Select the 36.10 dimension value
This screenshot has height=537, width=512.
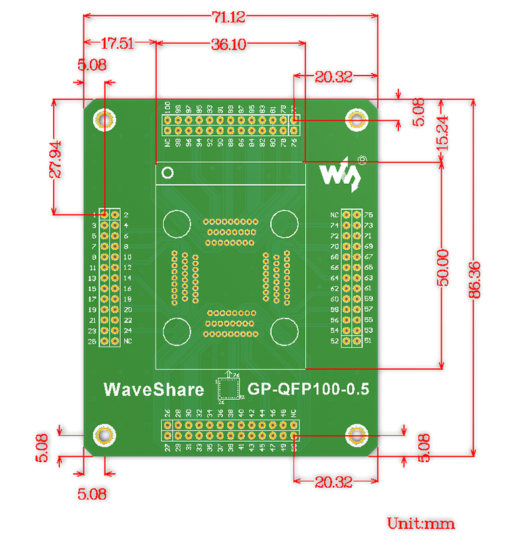pos(228,45)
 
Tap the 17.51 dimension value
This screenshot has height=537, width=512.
pos(117,44)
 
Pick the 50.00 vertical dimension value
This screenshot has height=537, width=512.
pos(444,267)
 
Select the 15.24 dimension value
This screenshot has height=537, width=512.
pos(444,131)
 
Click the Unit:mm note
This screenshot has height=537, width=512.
pos(420,524)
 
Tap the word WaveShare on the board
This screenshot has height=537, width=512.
pos(154,389)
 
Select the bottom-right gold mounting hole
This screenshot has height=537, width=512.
pos(356,434)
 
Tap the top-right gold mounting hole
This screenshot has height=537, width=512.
pos(356,120)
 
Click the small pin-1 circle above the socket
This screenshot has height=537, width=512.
pos(168,173)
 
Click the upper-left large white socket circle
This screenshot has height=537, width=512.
pos(176,223)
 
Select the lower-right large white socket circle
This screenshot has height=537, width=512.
pos(285,330)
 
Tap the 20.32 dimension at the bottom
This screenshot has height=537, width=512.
pos(333,483)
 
